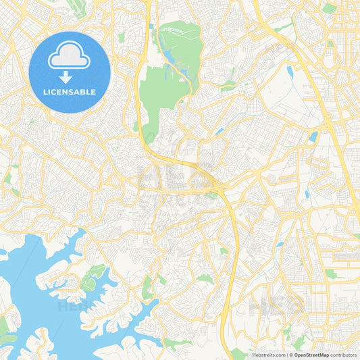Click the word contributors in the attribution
(x=344, y=355)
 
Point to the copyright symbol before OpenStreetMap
(x=291, y=355)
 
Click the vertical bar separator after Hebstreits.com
(x=286, y=355)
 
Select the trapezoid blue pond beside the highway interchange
(x=313, y=136)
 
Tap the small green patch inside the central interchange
(x=211, y=195)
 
